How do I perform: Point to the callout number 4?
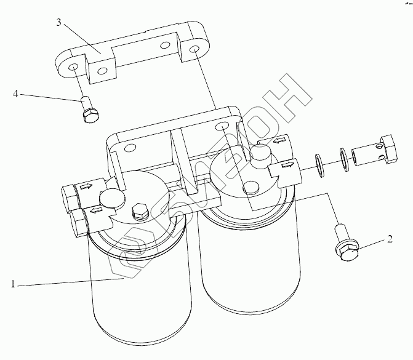click(x=17, y=94)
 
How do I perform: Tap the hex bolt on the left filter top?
click(x=138, y=209)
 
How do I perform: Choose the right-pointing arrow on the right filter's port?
click(x=287, y=165)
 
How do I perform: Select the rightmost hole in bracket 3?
click(x=194, y=49)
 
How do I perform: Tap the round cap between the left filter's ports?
click(x=110, y=198)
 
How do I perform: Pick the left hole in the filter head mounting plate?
click(x=130, y=148)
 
